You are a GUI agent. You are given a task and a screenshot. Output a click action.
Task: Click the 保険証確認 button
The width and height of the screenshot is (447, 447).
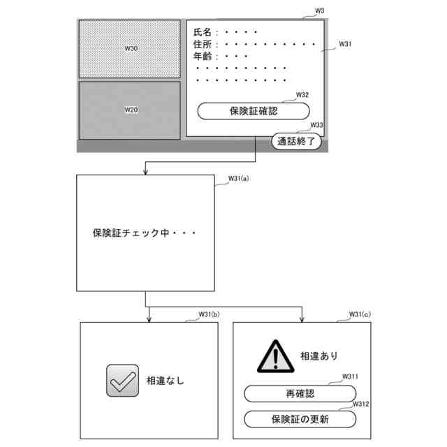(253, 111)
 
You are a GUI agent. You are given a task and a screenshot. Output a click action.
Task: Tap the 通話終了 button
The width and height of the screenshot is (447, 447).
(298, 142)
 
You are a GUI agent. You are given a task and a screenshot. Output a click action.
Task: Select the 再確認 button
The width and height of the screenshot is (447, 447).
(300, 394)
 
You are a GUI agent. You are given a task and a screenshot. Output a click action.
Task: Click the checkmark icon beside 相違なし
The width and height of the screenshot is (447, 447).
(122, 381)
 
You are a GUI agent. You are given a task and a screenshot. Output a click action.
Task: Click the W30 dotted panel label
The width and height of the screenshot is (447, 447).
(131, 48)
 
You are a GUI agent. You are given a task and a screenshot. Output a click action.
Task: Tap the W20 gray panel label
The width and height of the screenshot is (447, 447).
(131, 110)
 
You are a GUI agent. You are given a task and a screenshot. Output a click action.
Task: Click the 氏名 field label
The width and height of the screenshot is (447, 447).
(202, 32)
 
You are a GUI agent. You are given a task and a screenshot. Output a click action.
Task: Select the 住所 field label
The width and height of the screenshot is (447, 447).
(202, 45)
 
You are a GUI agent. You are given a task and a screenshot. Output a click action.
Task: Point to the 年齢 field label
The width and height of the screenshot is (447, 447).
(202, 57)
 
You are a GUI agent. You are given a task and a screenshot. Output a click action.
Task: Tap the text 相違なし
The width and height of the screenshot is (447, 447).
(166, 381)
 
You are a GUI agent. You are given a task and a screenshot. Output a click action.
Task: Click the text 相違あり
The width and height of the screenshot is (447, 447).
(318, 356)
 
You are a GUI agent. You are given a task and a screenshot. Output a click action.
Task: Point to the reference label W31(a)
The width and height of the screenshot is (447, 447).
(238, 179)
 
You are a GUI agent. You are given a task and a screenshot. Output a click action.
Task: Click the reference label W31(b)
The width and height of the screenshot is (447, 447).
(209, 314)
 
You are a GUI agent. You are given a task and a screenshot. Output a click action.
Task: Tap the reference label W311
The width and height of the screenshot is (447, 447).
(350, 376)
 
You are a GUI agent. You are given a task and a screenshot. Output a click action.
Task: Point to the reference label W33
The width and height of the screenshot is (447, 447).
(316, 125)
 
